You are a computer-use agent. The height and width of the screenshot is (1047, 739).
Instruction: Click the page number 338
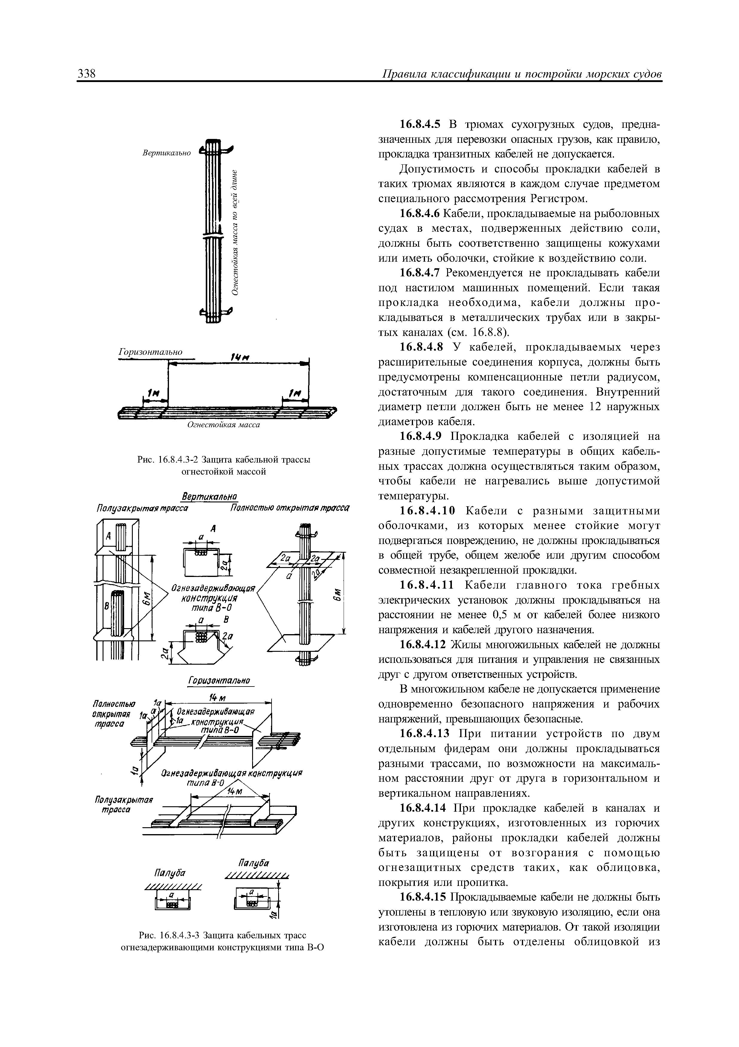86,74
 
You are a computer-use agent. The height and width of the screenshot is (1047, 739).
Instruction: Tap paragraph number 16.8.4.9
420,437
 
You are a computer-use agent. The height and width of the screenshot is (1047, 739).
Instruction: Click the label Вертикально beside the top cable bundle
166,153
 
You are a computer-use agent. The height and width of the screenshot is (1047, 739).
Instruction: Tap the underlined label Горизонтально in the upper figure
150,352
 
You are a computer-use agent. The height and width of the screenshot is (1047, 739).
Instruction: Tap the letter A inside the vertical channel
109,536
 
